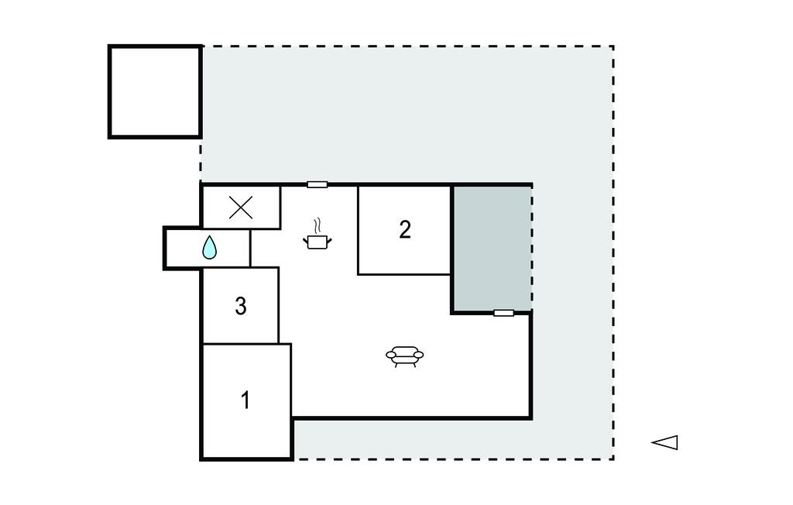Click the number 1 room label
[x=245, y=400]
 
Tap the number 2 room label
[x=404, y=230]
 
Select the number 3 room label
[x=241, y=306]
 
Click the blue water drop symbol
[x=209, y=247]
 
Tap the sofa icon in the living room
[x=404, y=356]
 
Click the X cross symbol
[x=241, y=208]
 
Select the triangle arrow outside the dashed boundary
[x=664, y=442]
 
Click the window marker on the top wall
[x=317, y=184]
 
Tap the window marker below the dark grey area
[x=503, y=313]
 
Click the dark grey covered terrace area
[x=492, y=248]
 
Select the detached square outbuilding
[x=155, y=91]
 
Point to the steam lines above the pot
[x=317, y=225]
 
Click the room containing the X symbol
[x=242, y=208]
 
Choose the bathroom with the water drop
[x=208, y=248]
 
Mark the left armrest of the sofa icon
[x=391, y=356]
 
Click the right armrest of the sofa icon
[x=419, y=356]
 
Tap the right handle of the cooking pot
[x=328, y=240]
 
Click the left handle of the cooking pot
[x=306, y=240]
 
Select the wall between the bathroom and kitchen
[x=250, y=248]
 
